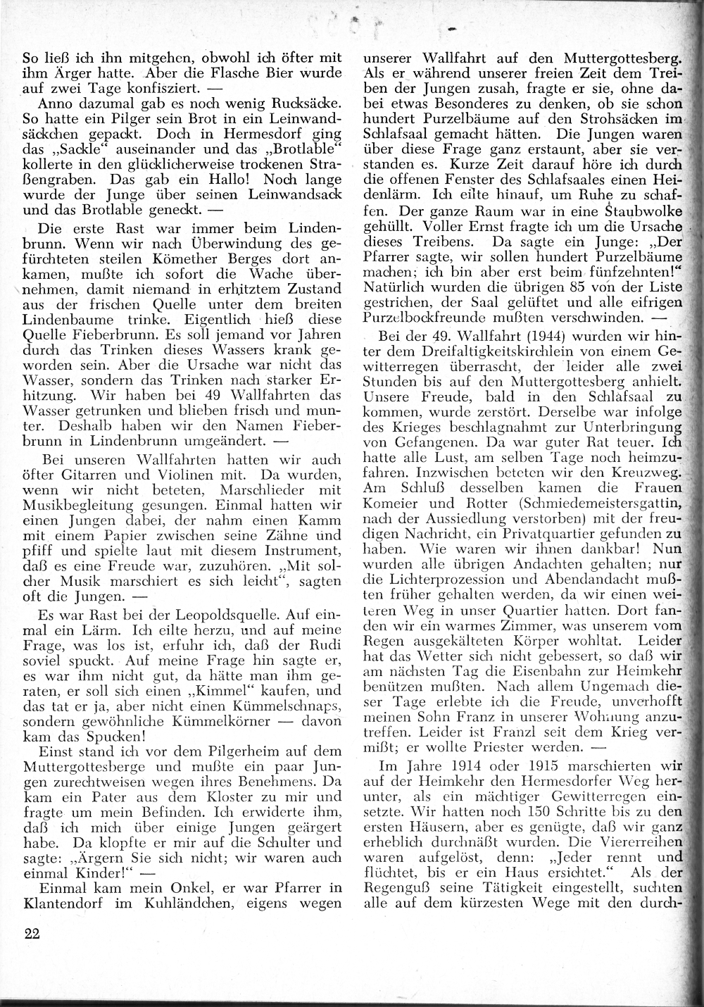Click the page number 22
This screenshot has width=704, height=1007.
32,934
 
